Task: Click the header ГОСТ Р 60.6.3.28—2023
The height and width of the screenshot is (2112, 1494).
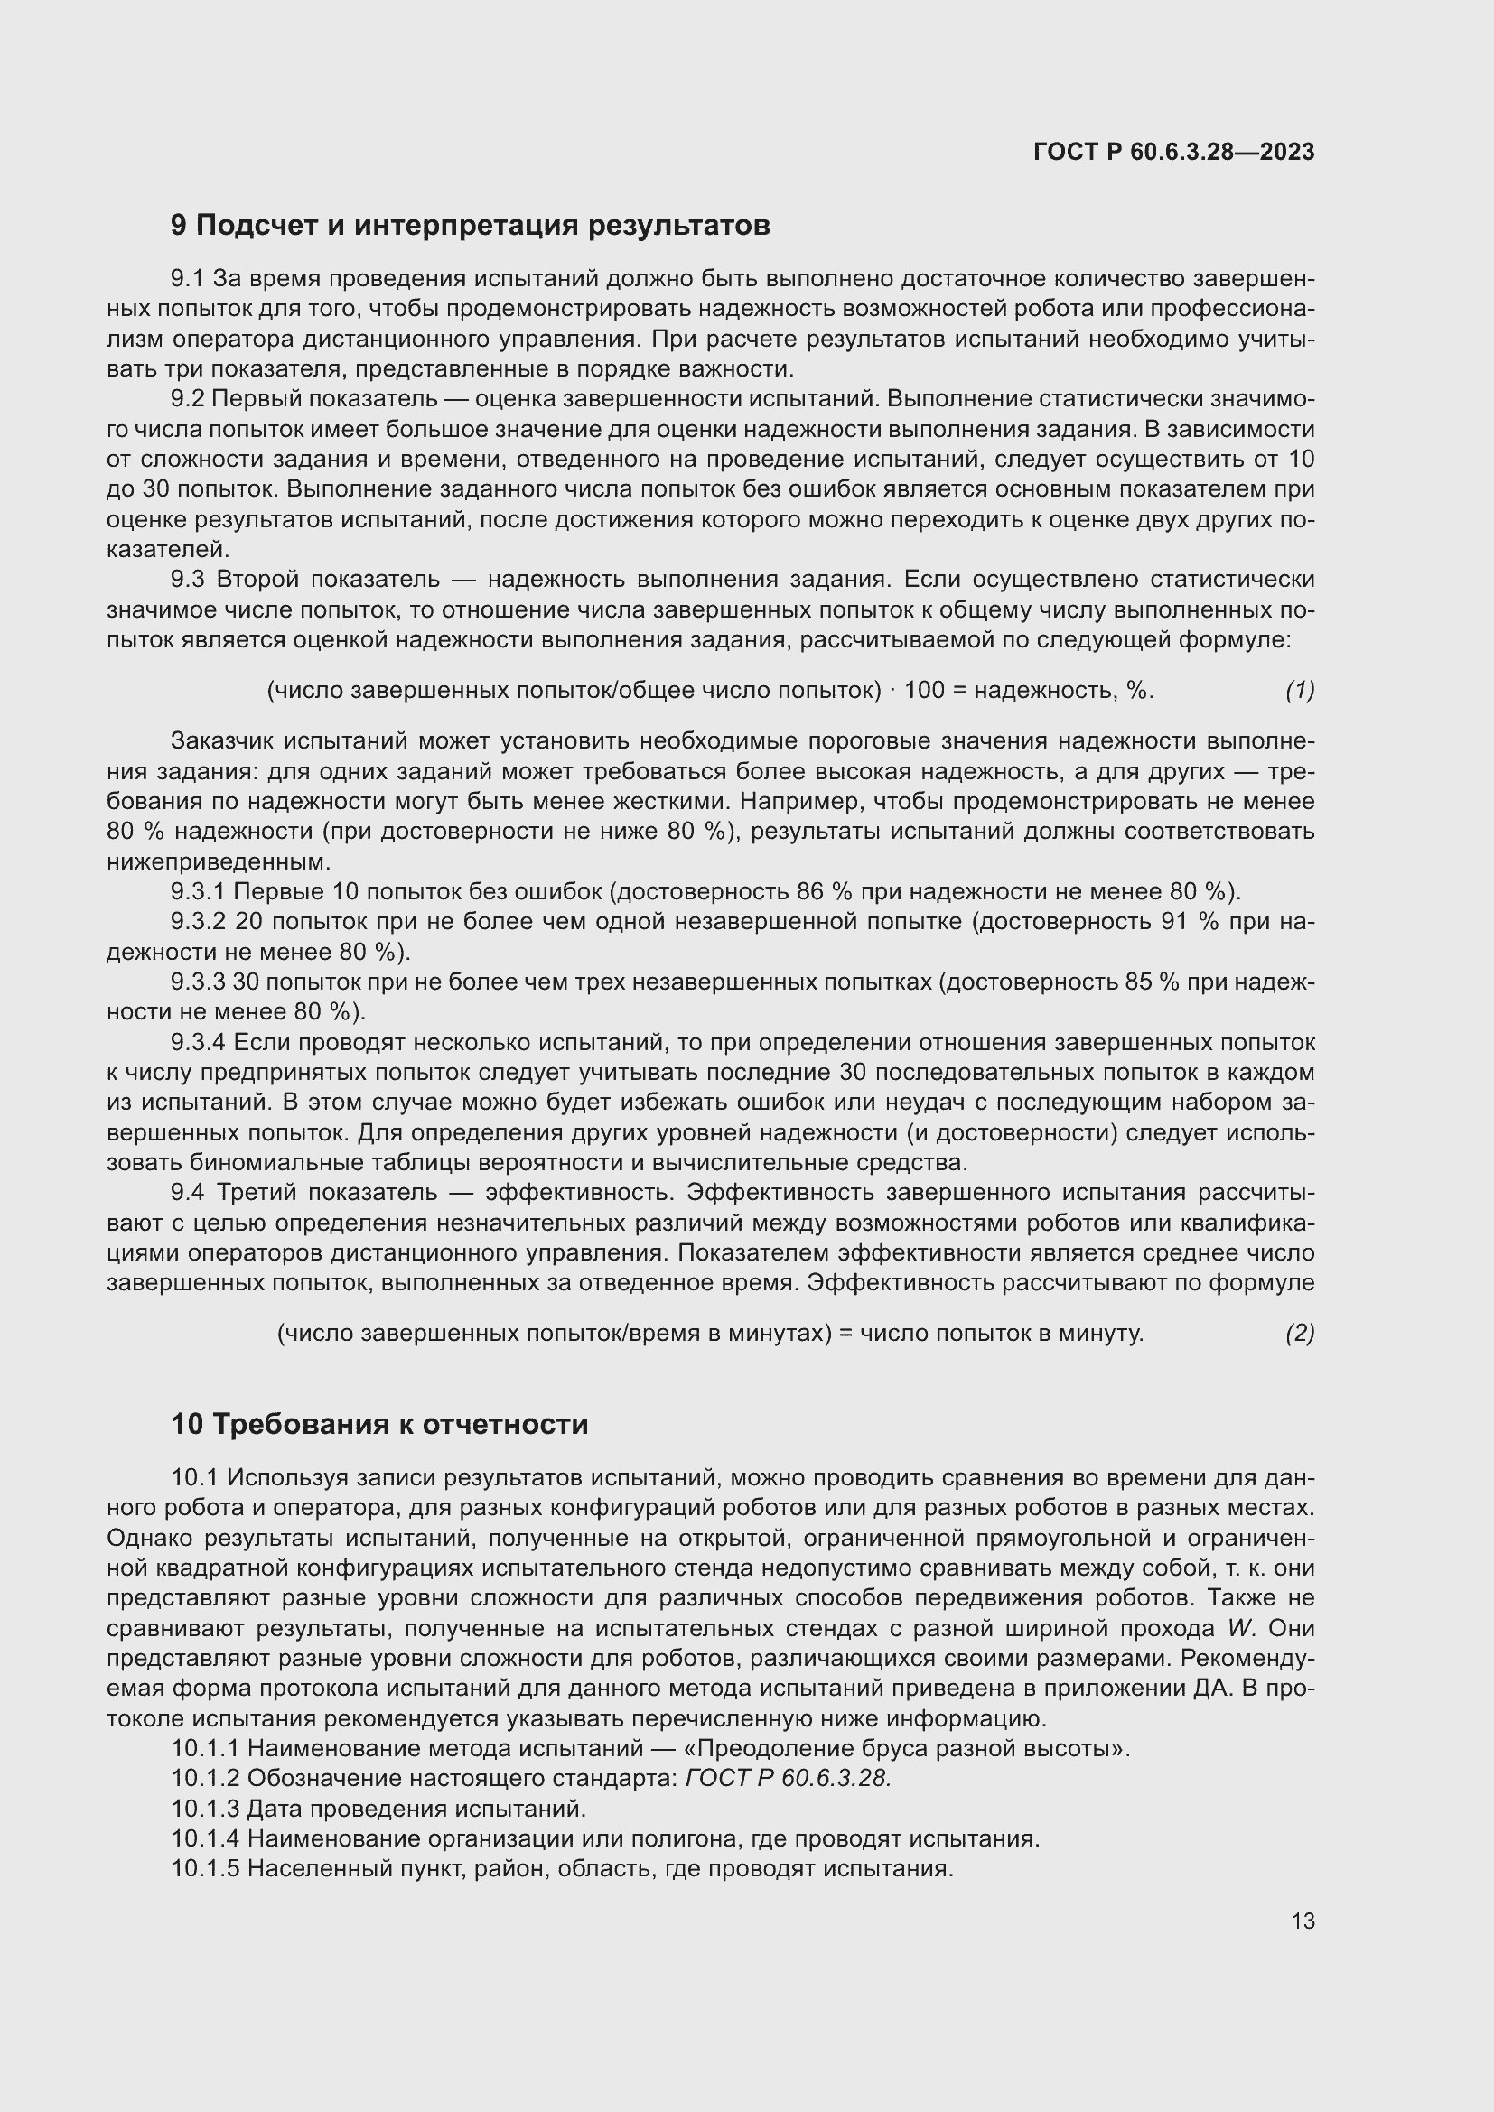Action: click(1174, 152)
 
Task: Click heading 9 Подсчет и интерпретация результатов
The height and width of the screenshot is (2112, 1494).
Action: click(470, 225)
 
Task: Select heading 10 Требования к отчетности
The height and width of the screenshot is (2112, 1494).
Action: click(379, 1424)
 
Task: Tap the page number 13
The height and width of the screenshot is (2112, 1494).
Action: click(1303, 1921)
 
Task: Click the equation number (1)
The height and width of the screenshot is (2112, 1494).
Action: click(1299, 690)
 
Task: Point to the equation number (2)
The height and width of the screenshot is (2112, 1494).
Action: click(1299, 1333)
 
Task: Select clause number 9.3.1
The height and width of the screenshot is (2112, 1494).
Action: click(199, 891)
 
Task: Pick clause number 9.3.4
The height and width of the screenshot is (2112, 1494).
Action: click(199, 1042)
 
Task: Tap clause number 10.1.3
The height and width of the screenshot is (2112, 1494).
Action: click(206, 1809)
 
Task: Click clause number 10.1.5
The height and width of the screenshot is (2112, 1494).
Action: click(206, 1868)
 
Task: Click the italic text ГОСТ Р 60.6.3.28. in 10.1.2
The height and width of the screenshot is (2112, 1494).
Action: click(789, 1778)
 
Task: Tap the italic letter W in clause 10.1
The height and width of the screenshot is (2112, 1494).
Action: click(1241, 1628)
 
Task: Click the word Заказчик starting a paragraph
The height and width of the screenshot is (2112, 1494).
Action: click(223, 741)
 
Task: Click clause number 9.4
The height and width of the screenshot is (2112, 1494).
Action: click(188, 1193)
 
